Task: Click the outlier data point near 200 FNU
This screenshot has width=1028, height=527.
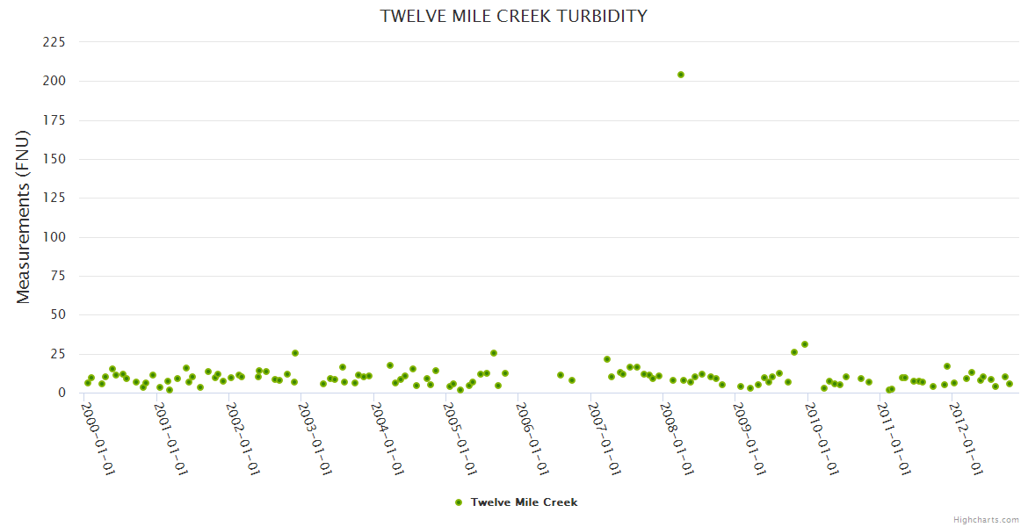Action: coord(681,75)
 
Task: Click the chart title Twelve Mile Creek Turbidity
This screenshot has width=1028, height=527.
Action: coord(514,16)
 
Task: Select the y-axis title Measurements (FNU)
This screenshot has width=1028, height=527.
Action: coord(24,217)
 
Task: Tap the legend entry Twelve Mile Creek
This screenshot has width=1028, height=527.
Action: coord(524,502)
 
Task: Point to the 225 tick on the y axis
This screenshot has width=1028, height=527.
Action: coord(54,42)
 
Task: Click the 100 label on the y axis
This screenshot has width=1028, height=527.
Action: coord(54,237)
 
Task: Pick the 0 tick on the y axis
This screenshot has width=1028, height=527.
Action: coord(62,393)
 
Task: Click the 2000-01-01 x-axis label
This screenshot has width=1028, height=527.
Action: coord(98,439)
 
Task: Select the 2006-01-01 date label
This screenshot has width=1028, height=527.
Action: coord(532,439)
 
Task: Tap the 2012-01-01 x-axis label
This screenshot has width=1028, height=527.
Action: coord(966,439)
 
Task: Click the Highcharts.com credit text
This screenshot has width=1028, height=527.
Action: coord(986,520)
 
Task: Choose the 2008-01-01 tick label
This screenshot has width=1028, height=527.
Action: coord(677,439)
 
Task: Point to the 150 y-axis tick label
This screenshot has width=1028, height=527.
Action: coord(54,159)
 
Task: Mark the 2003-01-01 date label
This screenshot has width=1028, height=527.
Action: coord(315,439)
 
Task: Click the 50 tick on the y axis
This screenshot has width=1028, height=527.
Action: coord(58,314)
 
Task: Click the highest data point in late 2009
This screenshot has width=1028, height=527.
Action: coord(805,344)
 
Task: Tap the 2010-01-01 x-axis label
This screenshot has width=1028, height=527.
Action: coord(822,439)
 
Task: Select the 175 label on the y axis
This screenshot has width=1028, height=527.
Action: coord(54,120)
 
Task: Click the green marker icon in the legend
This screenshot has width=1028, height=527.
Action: coord(458,502)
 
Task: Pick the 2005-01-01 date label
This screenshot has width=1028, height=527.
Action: coord(460,439)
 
